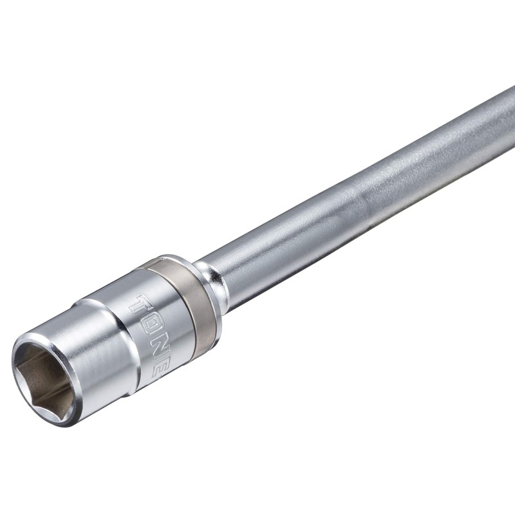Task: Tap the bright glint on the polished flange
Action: [x=207, y=277]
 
